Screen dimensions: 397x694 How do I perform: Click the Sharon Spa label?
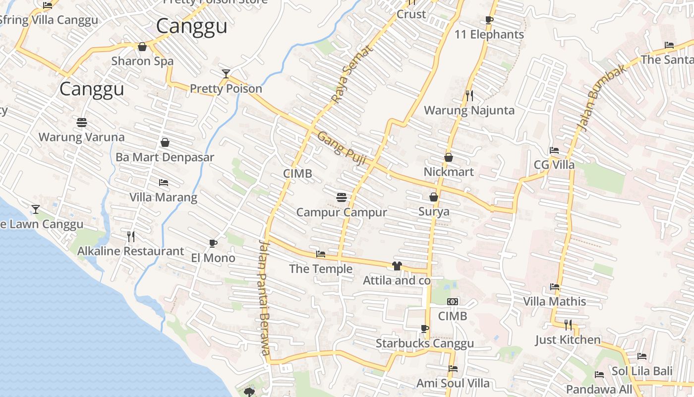click(142, 61)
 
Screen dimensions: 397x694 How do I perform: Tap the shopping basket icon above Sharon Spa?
click(142, 47)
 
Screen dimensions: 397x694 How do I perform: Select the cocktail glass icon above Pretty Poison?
click(226, 74)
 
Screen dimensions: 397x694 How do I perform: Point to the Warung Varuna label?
click(81, 137)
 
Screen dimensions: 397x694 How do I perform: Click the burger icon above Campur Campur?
click(341, 197)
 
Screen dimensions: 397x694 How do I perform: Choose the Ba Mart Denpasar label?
click(165, 157)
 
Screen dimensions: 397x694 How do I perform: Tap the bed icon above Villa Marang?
click(164, 183)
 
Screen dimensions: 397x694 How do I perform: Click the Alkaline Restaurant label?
click(130, 251)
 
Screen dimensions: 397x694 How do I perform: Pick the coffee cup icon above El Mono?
click(213, 243)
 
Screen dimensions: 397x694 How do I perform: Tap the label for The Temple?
click(321, 269)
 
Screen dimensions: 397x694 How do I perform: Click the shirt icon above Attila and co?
click(397, 266)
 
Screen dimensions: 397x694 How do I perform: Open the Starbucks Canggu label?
click(424, 343)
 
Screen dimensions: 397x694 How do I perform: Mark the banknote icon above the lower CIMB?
click(452, 302)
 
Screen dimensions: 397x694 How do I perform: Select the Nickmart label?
click(449, 172)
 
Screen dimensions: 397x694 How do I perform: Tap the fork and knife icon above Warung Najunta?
click(469, 95)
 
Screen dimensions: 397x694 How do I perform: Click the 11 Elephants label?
click(489, 35)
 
